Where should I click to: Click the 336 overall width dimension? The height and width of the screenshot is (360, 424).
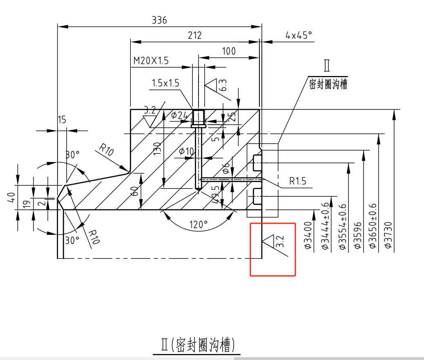[159, 20]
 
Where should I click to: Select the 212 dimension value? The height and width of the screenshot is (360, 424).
[195, 36]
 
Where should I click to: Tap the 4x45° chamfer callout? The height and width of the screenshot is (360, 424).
[299, 36]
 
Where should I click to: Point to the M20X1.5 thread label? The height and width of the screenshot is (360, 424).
[151, 61]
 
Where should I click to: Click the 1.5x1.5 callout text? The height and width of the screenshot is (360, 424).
[165, 83]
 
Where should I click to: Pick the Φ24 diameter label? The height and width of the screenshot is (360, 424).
[179, 116]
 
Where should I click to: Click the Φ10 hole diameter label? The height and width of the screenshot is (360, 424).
[186, 151]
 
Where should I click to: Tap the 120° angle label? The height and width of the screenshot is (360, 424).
[199, 224]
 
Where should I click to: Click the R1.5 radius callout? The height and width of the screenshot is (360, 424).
[298, 181]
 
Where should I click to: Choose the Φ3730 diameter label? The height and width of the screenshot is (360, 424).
[388, 236]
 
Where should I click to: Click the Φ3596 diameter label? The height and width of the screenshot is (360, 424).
[357, 236]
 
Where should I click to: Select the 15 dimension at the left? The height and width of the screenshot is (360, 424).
[62, 120]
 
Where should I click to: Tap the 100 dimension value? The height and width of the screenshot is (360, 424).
[229, 51]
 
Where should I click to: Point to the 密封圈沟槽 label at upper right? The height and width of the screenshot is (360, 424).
[328, 84]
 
